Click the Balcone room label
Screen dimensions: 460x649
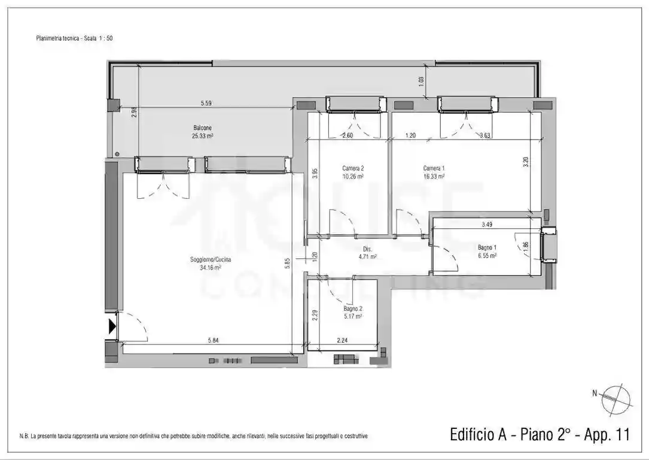click(x=202, y=128)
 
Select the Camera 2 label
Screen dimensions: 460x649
click(x=353, y=168)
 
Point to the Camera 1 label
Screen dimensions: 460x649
click(x=434, y=168)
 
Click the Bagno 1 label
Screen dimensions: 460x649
click(x=487, y=247)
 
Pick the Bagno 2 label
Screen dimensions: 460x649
click(x=353, y=308)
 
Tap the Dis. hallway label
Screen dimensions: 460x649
click(x=368, y=249)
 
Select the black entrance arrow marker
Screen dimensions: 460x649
click(x=112, y=326)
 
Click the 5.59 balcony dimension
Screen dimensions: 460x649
click(x=205, y=104)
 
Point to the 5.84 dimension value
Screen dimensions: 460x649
click(x=213, y=341)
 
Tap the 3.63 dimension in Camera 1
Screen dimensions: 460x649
click(x=485, y=135)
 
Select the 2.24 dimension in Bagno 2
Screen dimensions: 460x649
click(x=342, y=341)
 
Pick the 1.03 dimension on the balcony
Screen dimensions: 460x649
click(x=421, y=80)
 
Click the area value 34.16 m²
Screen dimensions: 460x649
click(x=211, y=268)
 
